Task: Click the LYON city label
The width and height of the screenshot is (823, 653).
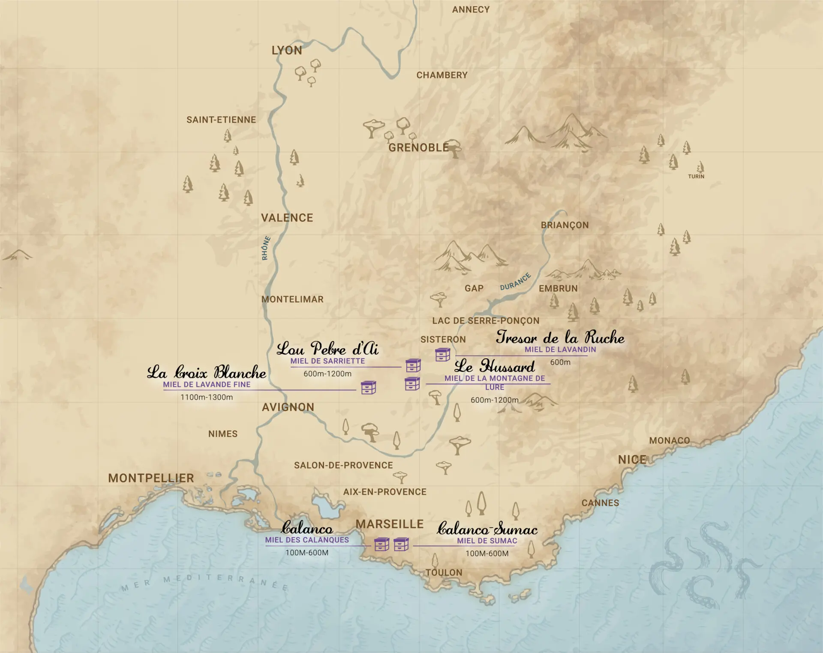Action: point(287,51)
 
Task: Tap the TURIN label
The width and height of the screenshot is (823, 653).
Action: point(696,177)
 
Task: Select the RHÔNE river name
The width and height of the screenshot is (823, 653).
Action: point(266,248)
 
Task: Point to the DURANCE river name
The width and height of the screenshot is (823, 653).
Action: point(515,282)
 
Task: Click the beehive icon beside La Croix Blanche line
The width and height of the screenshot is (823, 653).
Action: point(368,387)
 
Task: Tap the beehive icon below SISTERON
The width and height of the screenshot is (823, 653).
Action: point(442,355)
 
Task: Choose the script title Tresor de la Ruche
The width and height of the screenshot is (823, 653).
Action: point(560,338)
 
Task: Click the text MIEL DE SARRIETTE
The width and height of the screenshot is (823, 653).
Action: point(327,361)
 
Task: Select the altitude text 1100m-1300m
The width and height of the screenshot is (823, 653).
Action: point(207,397)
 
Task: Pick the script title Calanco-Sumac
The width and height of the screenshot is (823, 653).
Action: point(487,529)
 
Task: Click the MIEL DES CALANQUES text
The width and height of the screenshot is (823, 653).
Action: point(307,540)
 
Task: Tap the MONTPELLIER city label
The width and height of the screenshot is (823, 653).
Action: point(151,478)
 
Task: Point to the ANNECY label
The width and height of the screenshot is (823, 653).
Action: point(471,9)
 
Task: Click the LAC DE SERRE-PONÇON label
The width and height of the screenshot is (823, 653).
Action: point(486,321)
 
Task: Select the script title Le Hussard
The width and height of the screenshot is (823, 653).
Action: point(495,367)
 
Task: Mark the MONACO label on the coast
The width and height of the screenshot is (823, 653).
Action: point(670,440)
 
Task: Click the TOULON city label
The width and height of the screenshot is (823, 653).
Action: point(444,572)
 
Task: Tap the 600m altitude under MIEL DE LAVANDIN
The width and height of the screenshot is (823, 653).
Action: point(560,362)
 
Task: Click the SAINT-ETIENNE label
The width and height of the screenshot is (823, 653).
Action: point(221,120)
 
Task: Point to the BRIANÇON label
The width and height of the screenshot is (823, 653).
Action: point(565,225)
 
